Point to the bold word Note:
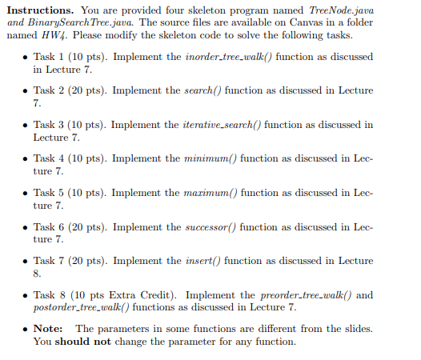(x=48, y=329)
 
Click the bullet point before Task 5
(x=26, y=194)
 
